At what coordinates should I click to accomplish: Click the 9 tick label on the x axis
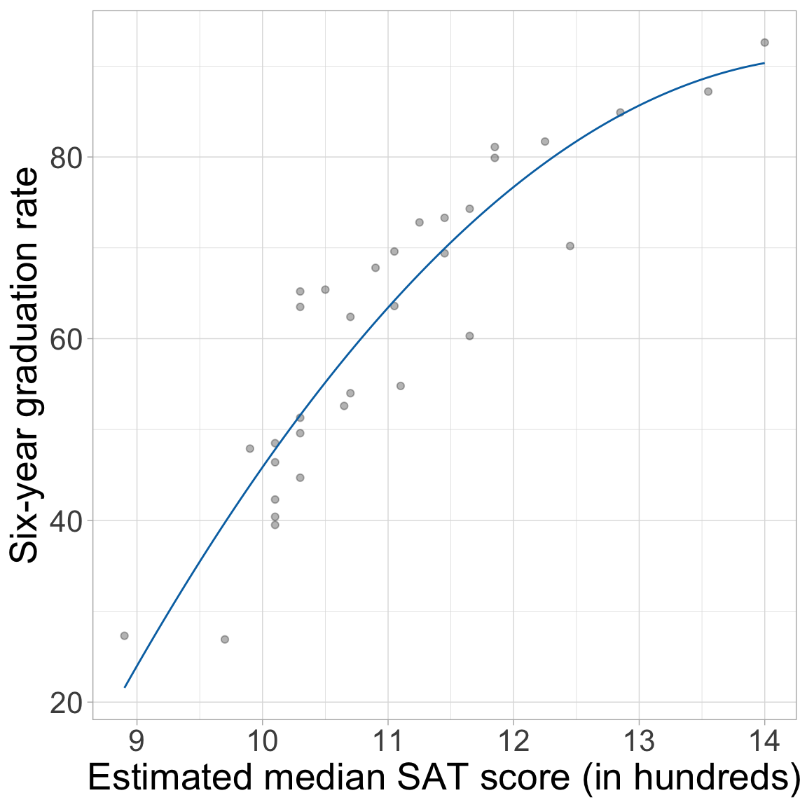[137, 740]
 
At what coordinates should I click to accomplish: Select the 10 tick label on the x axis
[262, 740]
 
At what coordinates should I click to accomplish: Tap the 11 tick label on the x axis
[387, 740]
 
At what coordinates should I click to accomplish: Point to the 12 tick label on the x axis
[513, 740]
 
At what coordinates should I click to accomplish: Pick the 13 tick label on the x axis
[639, 740]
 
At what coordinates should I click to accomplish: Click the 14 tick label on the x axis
[764, 740]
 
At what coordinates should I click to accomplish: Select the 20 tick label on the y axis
[67, 703]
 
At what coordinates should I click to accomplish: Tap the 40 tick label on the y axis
[67, 520]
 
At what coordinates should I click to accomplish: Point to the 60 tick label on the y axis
[67, 339]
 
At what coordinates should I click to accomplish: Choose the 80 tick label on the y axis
[67, 157]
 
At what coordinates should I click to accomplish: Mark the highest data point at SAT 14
[764, 43]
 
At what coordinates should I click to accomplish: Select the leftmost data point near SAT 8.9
[124, 635]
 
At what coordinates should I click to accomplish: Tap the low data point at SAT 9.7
[225, 640]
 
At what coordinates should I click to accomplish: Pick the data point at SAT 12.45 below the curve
[570, 246]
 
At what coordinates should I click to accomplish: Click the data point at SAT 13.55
[708, 92]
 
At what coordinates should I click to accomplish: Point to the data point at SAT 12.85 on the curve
[620, 112]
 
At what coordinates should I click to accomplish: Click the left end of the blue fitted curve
[125, 687]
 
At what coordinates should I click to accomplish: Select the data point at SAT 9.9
[250, 448]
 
